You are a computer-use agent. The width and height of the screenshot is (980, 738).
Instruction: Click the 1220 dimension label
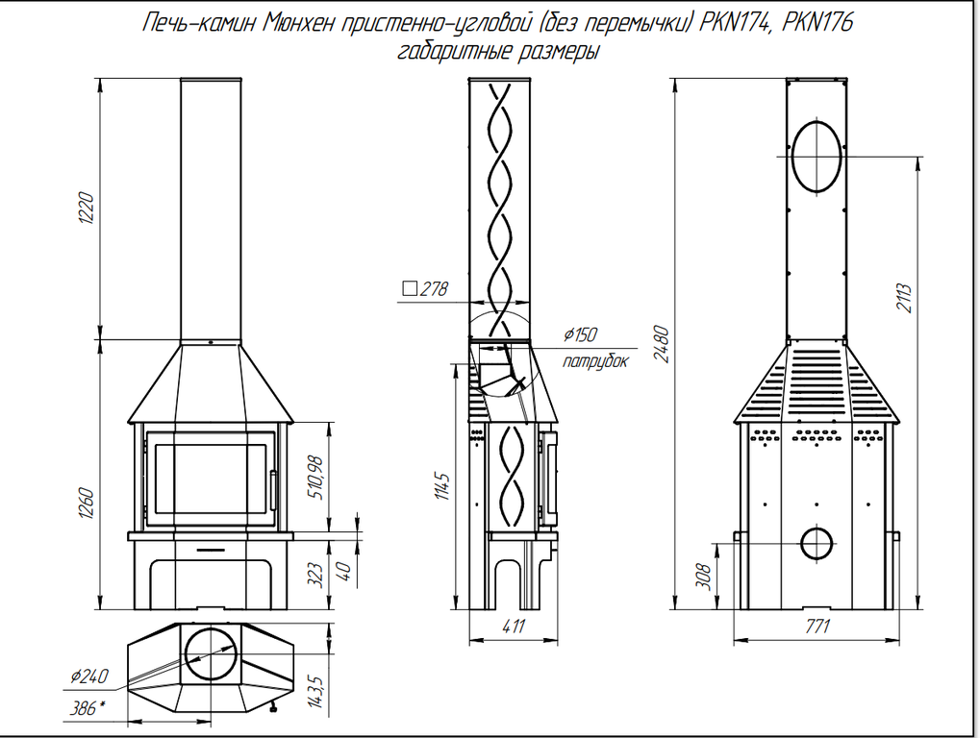87,209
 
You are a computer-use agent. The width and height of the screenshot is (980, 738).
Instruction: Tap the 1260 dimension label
87,504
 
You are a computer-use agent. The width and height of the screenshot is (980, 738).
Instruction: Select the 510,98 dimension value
316,478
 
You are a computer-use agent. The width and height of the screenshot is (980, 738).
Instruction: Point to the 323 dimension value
316,575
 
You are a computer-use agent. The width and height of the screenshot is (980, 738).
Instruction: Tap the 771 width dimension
817,626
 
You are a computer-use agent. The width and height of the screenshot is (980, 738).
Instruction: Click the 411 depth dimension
514,626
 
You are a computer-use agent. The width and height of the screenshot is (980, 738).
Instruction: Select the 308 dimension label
703,577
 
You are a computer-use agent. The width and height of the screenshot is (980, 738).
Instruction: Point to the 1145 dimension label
441,486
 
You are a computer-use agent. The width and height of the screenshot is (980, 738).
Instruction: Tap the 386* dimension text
87,708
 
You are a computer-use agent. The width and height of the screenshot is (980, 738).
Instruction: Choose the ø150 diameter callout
580,334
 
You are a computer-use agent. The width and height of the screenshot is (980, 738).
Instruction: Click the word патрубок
595,361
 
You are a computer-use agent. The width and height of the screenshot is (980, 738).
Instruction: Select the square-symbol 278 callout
425,288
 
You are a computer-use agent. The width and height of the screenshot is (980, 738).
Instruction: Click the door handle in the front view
272,490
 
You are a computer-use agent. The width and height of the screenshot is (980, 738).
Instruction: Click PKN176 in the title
817,22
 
